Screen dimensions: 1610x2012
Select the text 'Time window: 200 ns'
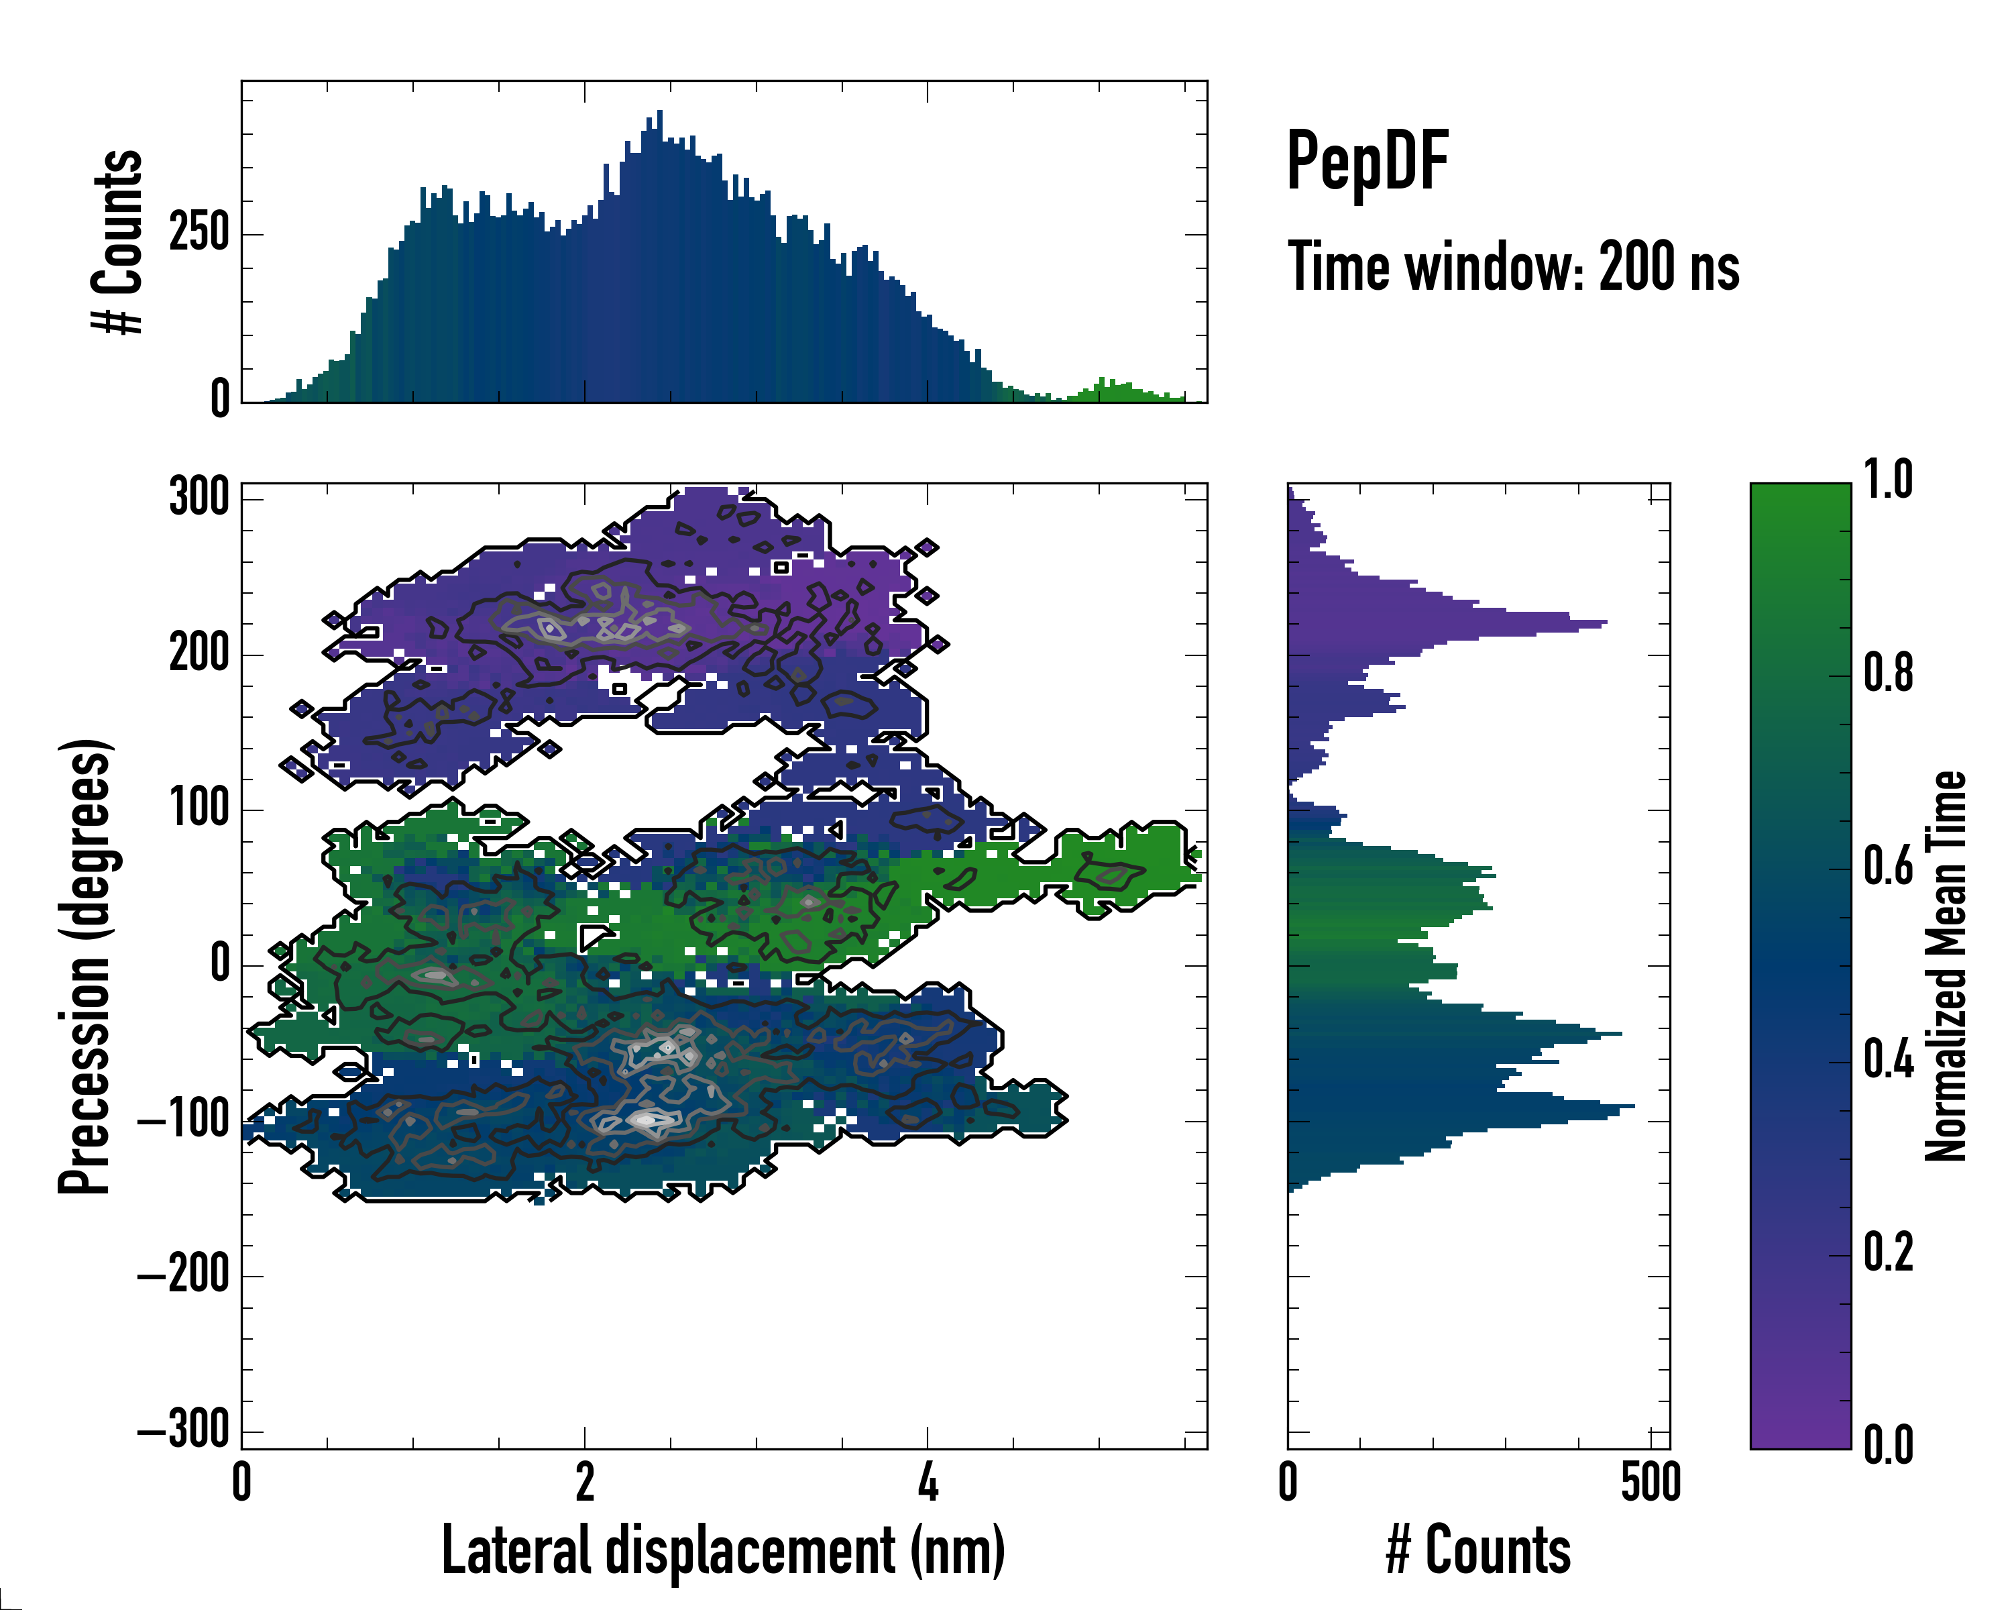1513,267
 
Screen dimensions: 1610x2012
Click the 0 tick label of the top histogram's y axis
219,398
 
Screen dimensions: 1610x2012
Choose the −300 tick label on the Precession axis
185,1430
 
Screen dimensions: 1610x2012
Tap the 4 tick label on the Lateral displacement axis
927,1482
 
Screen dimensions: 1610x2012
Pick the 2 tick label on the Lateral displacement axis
584,1482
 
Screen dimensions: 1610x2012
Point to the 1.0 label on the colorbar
1888,481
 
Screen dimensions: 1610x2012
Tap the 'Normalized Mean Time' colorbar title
1947,966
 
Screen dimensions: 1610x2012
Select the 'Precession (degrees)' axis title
85,966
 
